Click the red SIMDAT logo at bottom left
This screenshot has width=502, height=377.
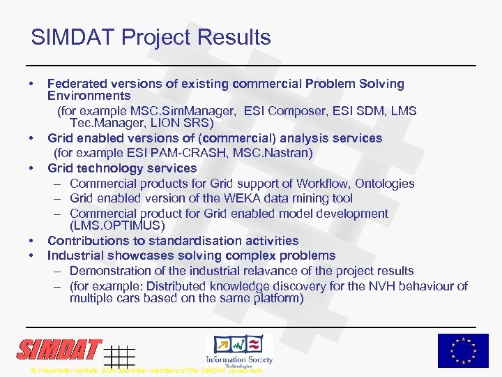click(60, 350)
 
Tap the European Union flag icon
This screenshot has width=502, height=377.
click(463, 350)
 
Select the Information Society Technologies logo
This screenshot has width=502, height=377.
click(238, 350)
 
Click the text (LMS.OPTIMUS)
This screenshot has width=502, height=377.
click(117, 226)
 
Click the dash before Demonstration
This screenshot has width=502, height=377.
click(56, 271)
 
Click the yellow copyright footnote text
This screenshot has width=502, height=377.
click(146, 370)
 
